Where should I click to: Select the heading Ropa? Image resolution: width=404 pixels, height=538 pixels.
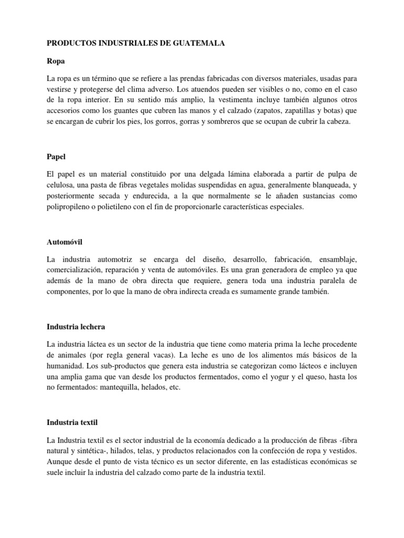coord(56,61)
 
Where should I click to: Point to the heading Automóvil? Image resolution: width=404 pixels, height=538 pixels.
coord(65,242)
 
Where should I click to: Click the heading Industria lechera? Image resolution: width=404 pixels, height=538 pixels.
coord(76,327)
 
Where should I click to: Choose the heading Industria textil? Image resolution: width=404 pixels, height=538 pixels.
coord(73,422)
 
